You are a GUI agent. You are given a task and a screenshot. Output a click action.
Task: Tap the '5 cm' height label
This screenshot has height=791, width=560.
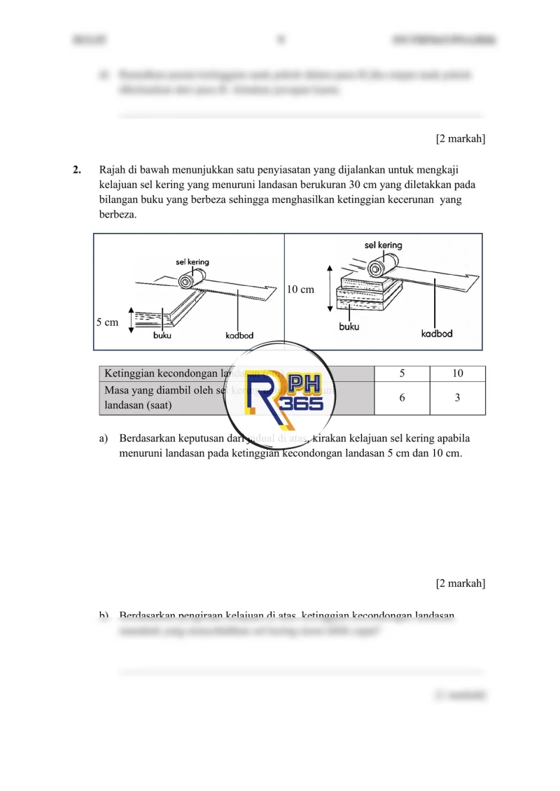click(x=108, y=322)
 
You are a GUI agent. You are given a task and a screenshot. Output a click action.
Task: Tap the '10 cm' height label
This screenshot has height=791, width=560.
click(x=301, y=289)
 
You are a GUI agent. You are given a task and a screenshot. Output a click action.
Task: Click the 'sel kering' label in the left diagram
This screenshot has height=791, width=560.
click(x=192, y=262)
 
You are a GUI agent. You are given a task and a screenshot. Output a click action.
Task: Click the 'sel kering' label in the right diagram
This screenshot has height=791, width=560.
click(x=383, y=245)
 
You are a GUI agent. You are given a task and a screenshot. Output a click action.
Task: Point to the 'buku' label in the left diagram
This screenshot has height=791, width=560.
click(x=162, y=336)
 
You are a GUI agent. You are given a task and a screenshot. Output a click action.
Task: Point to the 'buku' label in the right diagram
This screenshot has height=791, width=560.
click(x=349, y=327)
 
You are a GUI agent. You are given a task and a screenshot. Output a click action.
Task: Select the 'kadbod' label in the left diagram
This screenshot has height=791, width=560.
click(x=239, y=336)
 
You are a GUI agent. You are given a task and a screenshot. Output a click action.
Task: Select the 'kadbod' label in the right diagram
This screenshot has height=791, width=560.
click(x=436, y=333)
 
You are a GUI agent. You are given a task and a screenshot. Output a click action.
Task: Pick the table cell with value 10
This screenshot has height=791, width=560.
click(x=457, y=373)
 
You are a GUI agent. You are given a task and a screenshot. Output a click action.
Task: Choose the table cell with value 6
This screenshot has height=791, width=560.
click(x=402, y=398)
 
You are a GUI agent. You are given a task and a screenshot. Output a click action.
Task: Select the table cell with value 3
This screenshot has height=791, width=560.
click(x=457, y=398)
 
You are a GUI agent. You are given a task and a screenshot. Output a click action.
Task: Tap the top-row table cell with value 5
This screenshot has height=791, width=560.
click(x=402, y=373)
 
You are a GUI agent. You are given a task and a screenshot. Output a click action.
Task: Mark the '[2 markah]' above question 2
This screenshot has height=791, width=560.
click(x=460, y=139)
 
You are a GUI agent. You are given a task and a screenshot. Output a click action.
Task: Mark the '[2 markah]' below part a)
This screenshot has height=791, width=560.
click(x=460, y=583)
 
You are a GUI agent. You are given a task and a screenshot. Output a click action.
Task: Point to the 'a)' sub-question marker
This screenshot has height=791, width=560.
click(x=104, y=439)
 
